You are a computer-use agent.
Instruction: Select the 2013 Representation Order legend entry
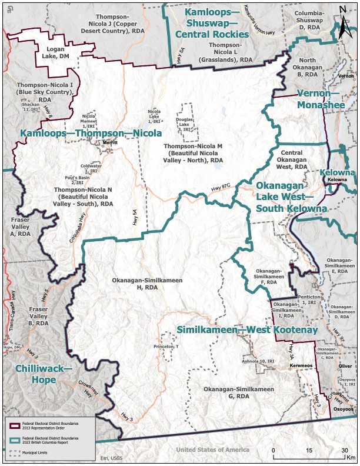coord(50,425)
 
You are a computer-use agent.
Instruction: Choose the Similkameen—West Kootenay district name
coord(247,329)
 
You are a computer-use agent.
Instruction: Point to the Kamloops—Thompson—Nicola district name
coord(91,134)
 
